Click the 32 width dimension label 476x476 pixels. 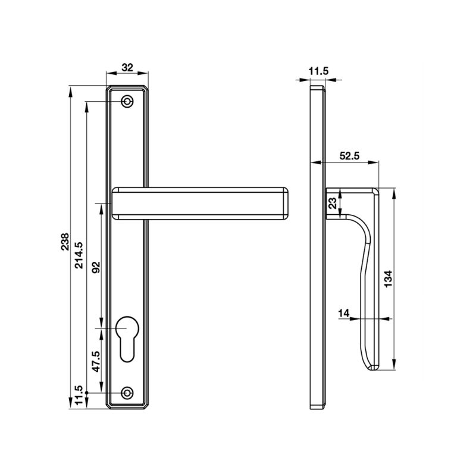pyautogui.click(x=127, y=67)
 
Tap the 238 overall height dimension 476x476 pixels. pyautogui.click(x=65, y=242)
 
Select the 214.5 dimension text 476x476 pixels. pyautogui.click(x=79, y=255)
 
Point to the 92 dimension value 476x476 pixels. pyautogui.click(x=96, y=267)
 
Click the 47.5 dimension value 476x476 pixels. pyautogui.click(x=96, y=361)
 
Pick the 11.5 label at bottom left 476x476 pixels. pyautogui.click(x=79, y=395)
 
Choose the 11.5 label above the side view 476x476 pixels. pyautogui.click(x=319, y=71)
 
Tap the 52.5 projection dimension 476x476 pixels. pyautogui.click(x=349, y=156)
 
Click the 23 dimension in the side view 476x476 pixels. pyautogui.click(x=333, y=203)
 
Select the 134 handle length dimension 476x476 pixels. pyautogui.click(x=389, y=279)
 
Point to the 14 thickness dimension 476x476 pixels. pyautogui.click(x=344, y=313)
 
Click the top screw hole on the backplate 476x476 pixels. pyautogui.click(x=127, y=101)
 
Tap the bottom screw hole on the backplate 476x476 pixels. pyautogui.click(x=127, y=393)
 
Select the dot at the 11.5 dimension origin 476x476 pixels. pyautogui.click(x=86, y=393)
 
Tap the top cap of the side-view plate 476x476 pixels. pyautogui.click(x=318, y=87)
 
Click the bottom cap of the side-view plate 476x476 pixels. pyautogui.click(x=318, y=407)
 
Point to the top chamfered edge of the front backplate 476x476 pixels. pyautogui.click(x=127, y=86)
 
